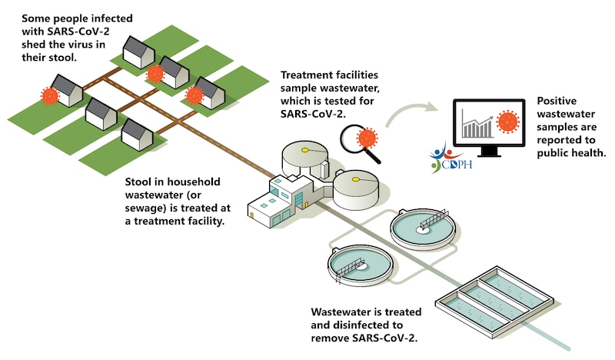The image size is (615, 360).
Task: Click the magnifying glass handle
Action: [376, 156]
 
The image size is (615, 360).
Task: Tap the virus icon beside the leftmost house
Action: [50, 96]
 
